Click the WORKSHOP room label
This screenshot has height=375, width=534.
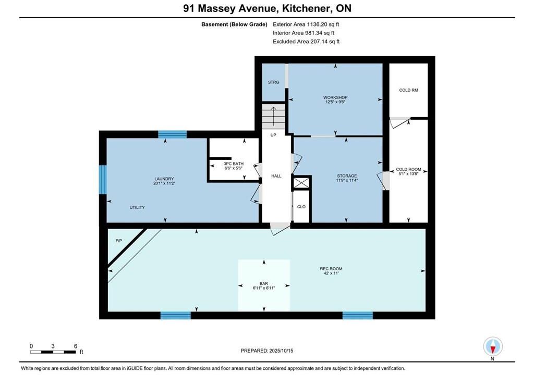point(335,97)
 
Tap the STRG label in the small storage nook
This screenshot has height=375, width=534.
point(273,82)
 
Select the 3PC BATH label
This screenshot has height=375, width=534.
point(234,164)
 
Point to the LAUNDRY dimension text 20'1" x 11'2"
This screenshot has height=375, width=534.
point(164,183)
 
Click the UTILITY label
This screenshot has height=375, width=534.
point(137,207)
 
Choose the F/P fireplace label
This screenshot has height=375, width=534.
point(119,241)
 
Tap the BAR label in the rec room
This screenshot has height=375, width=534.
point(263,283)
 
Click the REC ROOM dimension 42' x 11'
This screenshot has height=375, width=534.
point(331,273)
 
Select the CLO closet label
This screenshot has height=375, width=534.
point(301,207)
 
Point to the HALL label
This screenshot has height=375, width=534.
point(276,176)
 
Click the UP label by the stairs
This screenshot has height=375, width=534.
point(273,135)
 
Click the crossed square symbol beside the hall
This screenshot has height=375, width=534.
point(301,183)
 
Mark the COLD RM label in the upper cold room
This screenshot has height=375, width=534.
point(408,90)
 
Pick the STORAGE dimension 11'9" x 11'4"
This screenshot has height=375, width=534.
point(347,180)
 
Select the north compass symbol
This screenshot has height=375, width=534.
point(492,347)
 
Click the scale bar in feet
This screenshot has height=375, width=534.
point(53,352)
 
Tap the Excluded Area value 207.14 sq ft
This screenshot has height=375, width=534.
point(325,42)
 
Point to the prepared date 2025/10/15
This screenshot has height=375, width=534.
point(281,351)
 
